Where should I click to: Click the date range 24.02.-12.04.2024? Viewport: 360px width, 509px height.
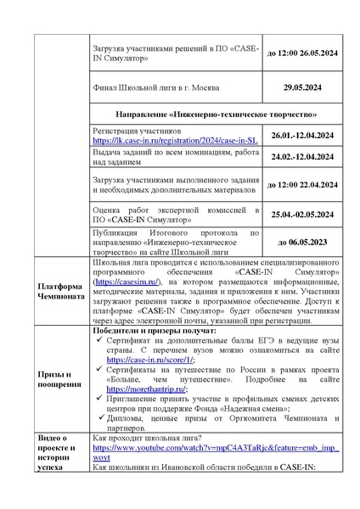tap(302, 157)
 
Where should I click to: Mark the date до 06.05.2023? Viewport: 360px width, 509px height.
tap(302, 242)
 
